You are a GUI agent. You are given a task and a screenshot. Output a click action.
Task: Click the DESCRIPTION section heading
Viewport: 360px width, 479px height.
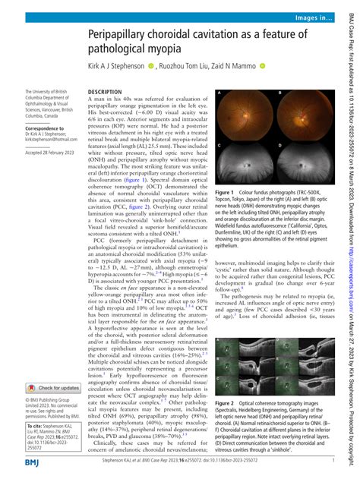106,69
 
